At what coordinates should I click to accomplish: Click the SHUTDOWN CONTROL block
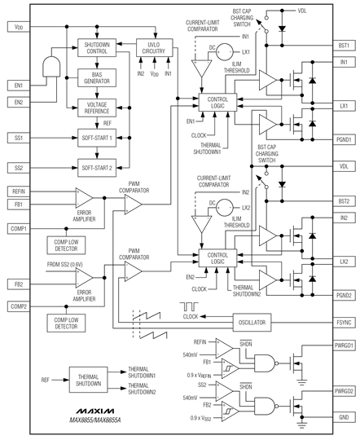click(97, 48)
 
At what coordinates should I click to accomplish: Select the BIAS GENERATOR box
click(97, 78)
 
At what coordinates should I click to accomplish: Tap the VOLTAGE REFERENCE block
click(97, 108)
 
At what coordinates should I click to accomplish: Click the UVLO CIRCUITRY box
click(154, 48)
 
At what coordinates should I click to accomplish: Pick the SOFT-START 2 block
click(97, 168)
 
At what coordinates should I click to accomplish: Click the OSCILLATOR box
click(252, 323)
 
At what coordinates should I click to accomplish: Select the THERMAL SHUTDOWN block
click(89, 380)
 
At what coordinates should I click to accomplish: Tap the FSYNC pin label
click(344, 323)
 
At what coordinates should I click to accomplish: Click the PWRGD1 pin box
click(344, 345)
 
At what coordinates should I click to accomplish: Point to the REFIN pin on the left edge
click(19, 191)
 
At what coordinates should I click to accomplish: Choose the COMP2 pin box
click(19, 306)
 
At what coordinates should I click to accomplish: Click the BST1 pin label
click(344, 46)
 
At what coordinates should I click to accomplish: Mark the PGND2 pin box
click(344, 295)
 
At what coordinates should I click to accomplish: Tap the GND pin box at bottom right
click(344, 417)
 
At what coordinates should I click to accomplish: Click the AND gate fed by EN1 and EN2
click(51, 67)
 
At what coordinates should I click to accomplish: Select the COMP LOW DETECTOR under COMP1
click(66, 245)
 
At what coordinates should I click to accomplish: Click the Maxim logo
click(95, 411)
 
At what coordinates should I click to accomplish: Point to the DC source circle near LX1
click(225, 52)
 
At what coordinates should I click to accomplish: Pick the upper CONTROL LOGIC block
click(217, 103)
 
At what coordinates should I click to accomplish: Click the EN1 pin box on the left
click(19, 86)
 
